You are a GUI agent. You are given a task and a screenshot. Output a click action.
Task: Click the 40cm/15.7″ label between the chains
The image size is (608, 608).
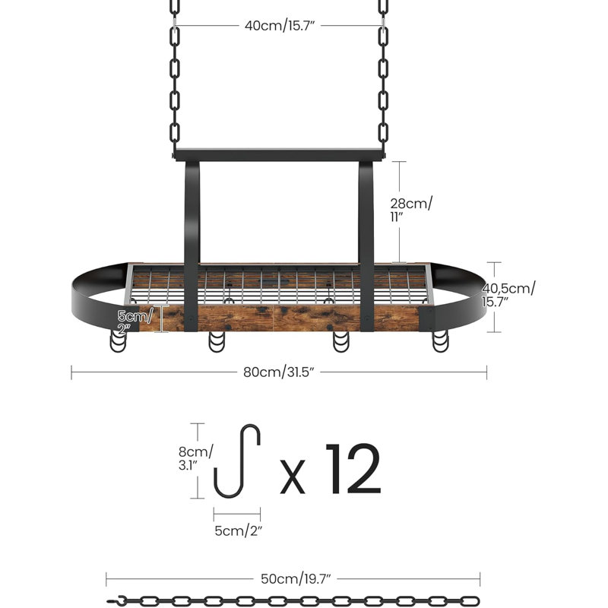click(279, 26)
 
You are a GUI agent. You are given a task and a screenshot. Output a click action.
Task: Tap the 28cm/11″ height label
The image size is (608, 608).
click(410, 210)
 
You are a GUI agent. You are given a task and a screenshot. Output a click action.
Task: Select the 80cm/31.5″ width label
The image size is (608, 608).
click(278, 372)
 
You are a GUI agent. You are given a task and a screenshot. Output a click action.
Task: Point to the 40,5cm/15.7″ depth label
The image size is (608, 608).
click(508, 295)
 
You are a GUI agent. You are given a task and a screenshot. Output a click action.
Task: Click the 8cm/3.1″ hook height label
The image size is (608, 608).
click(195, 458)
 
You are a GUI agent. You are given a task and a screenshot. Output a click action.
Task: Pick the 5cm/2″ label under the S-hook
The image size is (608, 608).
click(239, 530)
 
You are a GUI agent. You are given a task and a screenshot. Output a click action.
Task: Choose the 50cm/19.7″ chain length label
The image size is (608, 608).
click(296, 579)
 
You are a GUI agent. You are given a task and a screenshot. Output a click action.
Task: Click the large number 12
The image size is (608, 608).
click(353, 469)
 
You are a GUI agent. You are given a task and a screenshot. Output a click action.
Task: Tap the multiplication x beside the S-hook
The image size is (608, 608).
click(293, 477)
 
